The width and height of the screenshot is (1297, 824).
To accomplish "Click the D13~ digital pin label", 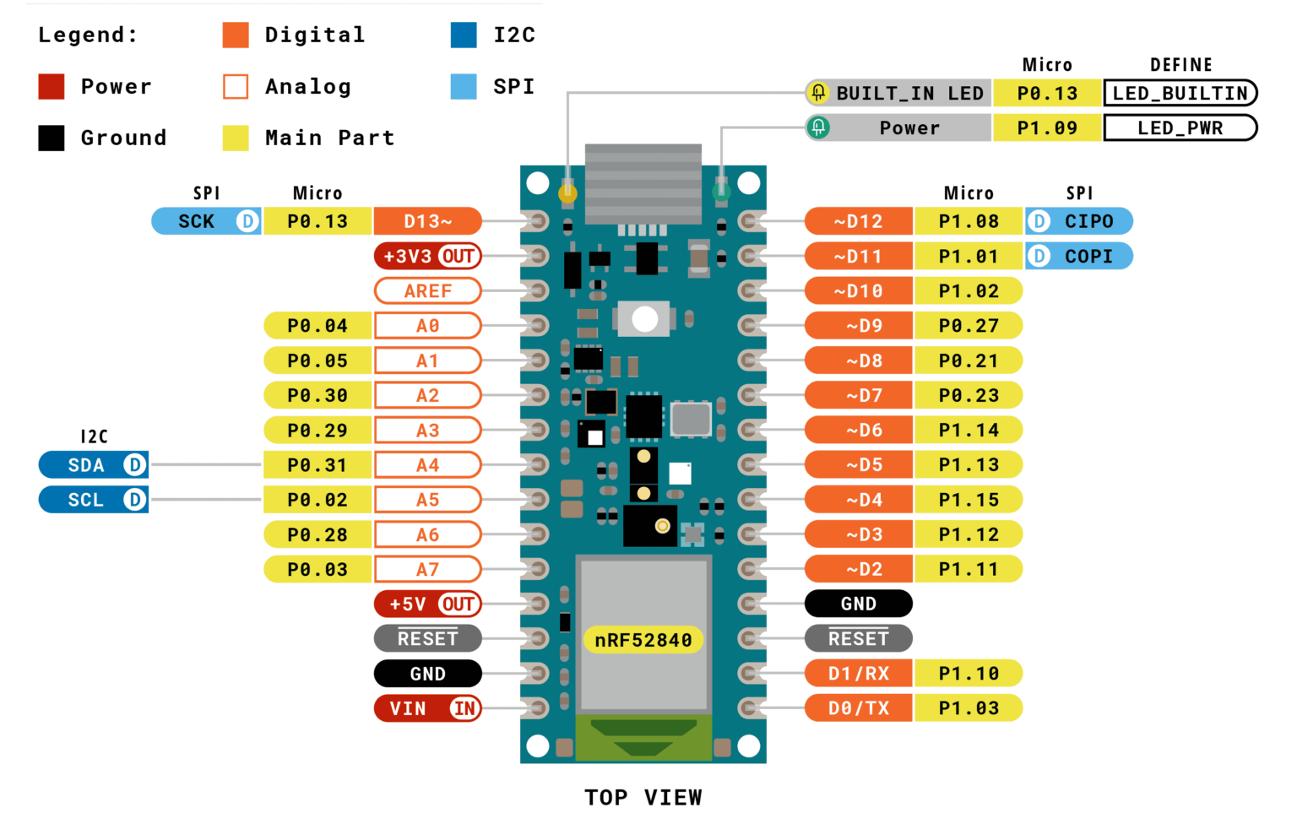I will (427, 221).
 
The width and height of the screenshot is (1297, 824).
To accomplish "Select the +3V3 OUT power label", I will (427, 256).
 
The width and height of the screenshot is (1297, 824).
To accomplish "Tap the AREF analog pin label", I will (427, 290).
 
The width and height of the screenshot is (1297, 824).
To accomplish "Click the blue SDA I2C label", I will (94, 464).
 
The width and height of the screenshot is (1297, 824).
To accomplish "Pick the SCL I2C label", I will (94, 500).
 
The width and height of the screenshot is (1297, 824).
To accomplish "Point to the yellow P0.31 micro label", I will (317, 464).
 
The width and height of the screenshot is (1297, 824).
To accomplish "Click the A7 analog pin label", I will (427, 569).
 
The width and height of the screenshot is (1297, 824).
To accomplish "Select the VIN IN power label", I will (427, 708).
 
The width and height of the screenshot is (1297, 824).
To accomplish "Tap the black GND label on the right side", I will (858, 604).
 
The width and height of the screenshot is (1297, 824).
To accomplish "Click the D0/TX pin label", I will (858, 708).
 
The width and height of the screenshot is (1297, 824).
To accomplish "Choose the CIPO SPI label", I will (1079, 221).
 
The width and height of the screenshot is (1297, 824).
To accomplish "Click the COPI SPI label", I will (1079, 256).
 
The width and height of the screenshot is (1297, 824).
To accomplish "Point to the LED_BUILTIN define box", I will (1180, 93).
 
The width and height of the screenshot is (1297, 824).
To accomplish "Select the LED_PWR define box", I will (1180, 128).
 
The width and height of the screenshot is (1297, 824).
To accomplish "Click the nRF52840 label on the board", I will (643, 640).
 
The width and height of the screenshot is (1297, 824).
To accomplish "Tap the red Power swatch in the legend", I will (52, 86).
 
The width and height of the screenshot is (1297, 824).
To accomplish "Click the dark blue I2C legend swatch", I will (464, 35).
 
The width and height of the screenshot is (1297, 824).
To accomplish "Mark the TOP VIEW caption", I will (643, 797).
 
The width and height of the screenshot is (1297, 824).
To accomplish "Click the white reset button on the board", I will (645, 319).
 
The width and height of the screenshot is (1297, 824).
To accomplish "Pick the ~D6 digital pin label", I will (858, 430).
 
